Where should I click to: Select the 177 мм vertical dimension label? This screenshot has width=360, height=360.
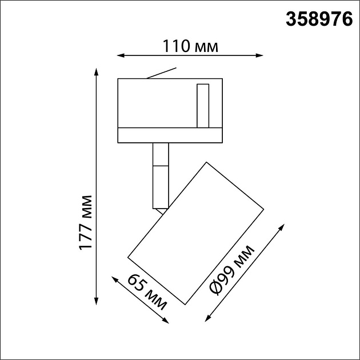point(86,222)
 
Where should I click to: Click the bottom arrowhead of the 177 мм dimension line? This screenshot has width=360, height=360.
point(96,301)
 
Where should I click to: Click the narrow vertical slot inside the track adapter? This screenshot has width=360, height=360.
point(202,106)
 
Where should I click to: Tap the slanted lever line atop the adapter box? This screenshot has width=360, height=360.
point(162,74)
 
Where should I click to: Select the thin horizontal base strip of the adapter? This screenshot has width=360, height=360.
point(170,135)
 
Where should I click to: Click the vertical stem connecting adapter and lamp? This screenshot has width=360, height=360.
point(161,174)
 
